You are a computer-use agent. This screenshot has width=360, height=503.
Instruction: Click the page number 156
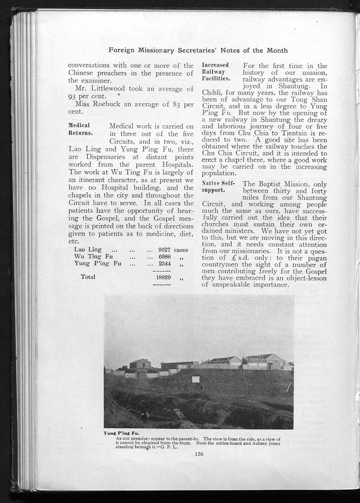tap(199, 453)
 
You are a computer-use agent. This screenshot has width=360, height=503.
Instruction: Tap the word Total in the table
tap(88, 277)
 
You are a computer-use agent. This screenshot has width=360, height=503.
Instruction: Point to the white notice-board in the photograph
tap(195, 380)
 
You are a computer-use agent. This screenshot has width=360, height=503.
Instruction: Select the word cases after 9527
tap(181, 249)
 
